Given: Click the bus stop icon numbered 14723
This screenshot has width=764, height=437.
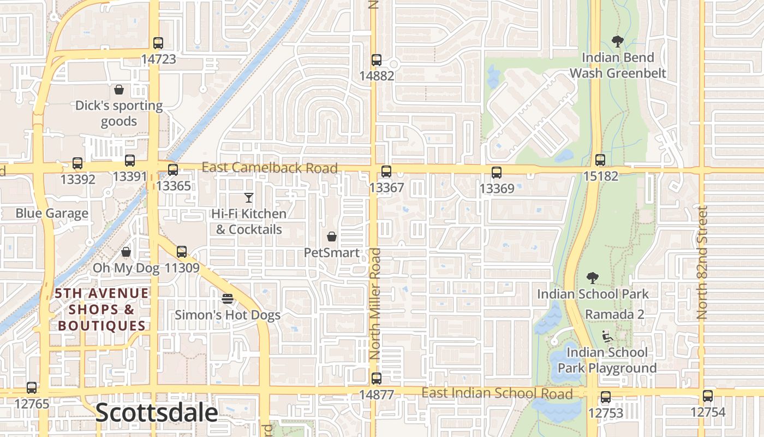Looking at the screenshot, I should [x=158, y=43].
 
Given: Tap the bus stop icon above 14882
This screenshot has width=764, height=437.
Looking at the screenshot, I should [x=376, y=60].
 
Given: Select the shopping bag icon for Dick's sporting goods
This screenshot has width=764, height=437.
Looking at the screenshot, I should [x=119, y=90].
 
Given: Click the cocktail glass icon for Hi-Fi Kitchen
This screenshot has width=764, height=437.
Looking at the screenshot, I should [x=249, y=198].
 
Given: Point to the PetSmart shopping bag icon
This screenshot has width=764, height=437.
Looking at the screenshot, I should [x=331, y=237].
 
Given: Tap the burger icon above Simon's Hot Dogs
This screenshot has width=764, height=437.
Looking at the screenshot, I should [x=228, y=299].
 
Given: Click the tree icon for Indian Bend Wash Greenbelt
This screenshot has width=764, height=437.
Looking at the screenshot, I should [x=618, y=42].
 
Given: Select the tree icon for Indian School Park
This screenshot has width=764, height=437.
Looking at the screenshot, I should [x=593, y=278].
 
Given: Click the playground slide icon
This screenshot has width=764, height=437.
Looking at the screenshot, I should [x=607, y=336].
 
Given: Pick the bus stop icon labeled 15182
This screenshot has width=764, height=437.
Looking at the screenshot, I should [x=600, y=160].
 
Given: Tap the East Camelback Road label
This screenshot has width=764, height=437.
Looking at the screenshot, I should [x=270, y=168].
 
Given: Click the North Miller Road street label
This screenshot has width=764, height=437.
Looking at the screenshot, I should [x=375, y=303].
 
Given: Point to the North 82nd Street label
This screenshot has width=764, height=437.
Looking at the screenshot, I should [x=702, y=262].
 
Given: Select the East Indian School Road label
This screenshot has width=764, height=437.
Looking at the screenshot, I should [x=497, y=393].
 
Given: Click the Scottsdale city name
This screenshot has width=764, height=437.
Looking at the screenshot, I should [x=157, y=412].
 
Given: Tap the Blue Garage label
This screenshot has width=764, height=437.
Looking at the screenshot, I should [x=52, y=213].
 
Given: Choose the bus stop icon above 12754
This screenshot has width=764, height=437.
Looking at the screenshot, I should [x=708, y=396].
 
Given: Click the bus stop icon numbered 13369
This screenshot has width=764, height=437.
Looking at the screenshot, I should [x=497, y=173].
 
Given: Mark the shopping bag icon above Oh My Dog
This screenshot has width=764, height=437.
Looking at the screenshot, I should [x=126, y=252].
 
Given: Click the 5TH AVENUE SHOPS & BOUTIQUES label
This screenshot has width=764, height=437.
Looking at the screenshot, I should [x=102, y=310].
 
